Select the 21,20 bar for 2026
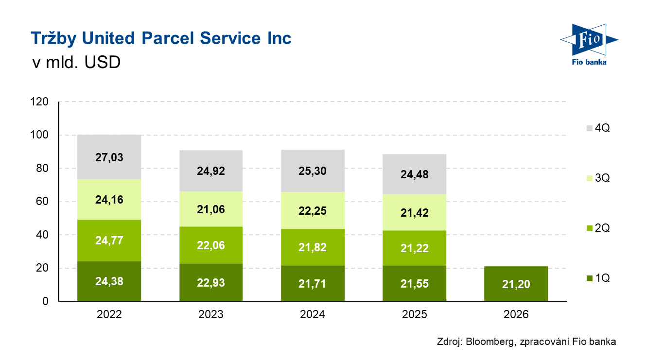point(516,284)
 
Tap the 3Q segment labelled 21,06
point(211,209)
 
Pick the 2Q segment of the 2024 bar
point(313,247)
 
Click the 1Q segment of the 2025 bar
point(415,284)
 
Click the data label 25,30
point(313,171)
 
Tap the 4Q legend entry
point(598,128)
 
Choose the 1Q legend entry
point(598,278)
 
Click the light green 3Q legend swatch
point(590,178)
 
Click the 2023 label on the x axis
point(211,314)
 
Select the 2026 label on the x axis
point(516,314)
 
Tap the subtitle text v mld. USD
point(75,63)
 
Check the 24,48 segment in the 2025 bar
point(415,174)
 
